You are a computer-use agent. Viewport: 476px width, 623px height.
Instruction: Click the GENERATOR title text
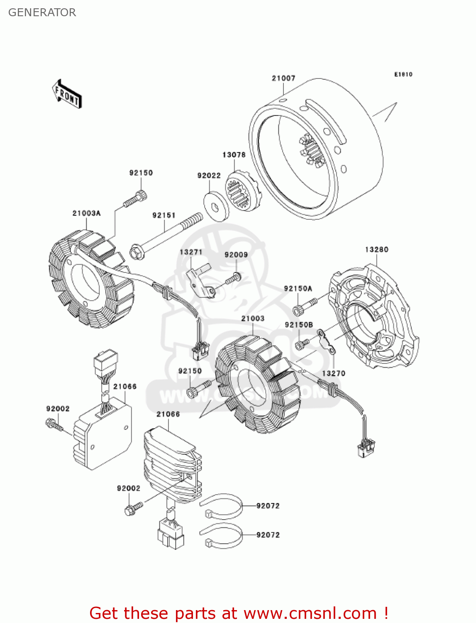click(x=42, y=12)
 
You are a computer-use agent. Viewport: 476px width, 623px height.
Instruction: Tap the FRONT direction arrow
click(x=67, y=94)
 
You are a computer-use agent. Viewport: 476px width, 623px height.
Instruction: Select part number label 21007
click(x=283, y=78)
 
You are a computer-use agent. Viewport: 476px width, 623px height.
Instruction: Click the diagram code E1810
click(x=403, y=74)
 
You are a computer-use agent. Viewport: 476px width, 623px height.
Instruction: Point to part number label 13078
click(x=234, y=155)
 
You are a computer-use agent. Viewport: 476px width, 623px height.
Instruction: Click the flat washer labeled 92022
click(x=216, y=206)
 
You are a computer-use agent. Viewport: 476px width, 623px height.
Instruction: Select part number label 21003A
click(x=86, y=213)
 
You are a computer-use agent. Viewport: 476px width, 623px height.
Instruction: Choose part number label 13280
click(x=376, y=250)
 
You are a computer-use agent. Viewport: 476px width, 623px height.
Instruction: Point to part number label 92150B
click(x=299, y=325)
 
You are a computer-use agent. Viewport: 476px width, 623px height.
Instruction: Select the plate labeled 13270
click(x=327, y=341)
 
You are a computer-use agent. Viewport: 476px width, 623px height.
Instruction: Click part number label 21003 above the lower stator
click(x=253, y=319)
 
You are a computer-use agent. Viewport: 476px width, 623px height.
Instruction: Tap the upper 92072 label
click(x=268, y=506)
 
